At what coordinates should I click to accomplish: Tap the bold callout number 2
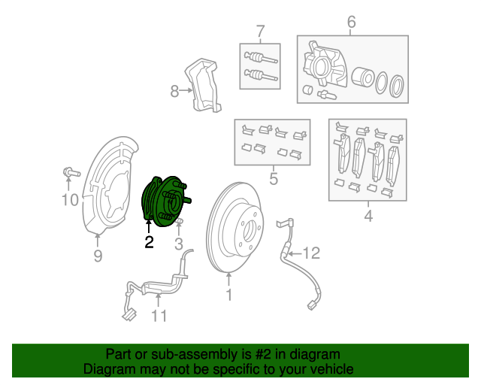click(x=149, y=242)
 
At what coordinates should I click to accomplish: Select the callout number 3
click(x=179, y=243)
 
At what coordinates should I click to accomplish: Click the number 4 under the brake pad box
click(x=368, y=217)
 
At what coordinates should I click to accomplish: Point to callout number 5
click(x=274, y=179)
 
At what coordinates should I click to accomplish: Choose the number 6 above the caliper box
click(x=351, y=23)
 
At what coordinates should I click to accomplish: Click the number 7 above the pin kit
click(x=260, y=32)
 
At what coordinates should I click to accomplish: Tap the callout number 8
click(x=174, y=92)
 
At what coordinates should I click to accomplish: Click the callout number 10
click(x=69, y=199)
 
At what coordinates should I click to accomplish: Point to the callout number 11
click(x=159, y=317)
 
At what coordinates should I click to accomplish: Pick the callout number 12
click(x=311, y=252)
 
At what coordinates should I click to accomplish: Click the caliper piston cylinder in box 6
click(x=364, y=77)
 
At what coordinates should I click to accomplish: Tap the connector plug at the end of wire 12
click(x=312, y=305)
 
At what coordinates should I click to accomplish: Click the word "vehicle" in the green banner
click(x=326, y=369)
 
